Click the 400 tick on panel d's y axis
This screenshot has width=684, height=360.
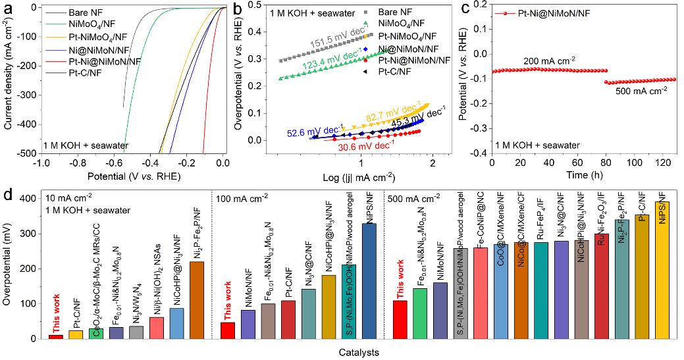[31, 198]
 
